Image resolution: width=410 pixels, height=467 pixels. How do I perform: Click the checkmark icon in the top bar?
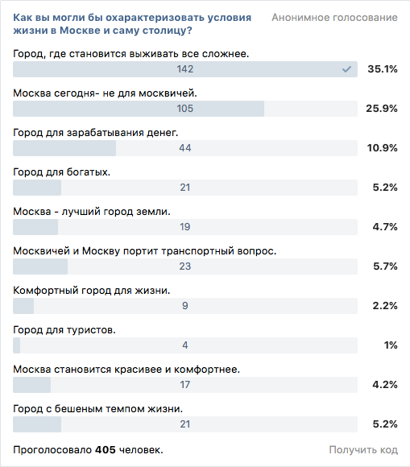(x=346, y=69)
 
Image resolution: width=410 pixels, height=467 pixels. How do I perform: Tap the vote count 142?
(x=185, y=69)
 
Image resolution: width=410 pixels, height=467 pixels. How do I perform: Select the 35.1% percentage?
(x=383, y=69)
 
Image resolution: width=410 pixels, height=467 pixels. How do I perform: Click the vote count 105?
(x=185, y=109)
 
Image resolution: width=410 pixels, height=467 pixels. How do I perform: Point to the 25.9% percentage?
(x=382, y=109)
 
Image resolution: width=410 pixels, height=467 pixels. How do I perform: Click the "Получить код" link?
(x=363, y=450)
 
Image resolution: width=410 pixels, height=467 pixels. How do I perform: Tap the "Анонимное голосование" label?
(x=334, y=18)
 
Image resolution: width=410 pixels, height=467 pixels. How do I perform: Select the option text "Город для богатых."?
(x=62, y=172)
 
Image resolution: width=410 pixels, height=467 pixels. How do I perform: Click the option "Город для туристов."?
(x=64, y=330)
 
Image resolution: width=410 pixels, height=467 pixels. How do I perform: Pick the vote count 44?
(x=185, y=148)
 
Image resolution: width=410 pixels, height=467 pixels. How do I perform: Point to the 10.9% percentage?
(x=383, y=148)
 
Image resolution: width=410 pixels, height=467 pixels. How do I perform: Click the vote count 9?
(x=185, y=306)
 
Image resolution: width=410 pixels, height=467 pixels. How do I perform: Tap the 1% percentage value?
(x=391, y=345)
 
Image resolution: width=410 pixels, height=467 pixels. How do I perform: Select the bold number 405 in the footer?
(x=106, y=450)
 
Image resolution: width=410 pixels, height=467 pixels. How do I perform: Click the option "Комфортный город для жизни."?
(x=92, y=291)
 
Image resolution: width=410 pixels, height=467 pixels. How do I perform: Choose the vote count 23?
(x=185, y=267)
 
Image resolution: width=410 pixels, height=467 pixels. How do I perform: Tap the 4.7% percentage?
(x=385, y=227)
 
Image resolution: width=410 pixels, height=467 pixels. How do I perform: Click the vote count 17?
(x=185, y=385)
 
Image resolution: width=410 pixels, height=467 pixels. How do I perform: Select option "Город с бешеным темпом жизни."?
(x=98, y=409)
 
